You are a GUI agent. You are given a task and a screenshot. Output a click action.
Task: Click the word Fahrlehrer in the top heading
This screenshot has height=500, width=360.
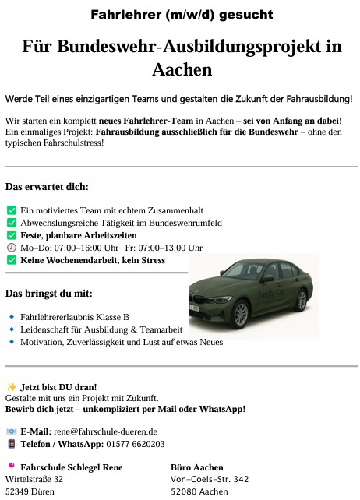click(x=123, y=14)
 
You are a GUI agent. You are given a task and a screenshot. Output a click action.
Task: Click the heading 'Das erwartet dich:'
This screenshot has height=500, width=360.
click(x=47, y=187)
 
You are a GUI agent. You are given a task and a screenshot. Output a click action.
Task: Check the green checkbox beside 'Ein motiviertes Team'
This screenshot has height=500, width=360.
click(x=11, y=210)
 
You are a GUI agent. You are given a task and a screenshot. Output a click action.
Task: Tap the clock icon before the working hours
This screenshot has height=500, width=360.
click(x=11, y=248)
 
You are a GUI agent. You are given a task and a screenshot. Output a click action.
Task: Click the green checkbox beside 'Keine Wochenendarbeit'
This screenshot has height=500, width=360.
click(x=11, y=260)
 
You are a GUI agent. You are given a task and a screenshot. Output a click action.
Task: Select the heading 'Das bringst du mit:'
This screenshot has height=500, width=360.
click(x=49, y=294)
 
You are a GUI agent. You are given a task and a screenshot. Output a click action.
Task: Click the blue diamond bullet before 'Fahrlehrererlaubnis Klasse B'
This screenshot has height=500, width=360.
click(x=11, y=317)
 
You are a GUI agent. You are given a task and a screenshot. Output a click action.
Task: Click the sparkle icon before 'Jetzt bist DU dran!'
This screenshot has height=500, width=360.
click(x=11, y=386)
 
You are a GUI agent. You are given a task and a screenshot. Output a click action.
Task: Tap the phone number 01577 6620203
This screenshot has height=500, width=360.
click(x=135, y=444)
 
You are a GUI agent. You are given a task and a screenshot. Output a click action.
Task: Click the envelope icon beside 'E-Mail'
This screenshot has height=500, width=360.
click(x=11, y=431)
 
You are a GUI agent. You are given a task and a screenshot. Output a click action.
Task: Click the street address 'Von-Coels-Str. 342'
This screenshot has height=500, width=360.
click(x=210, y=479)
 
